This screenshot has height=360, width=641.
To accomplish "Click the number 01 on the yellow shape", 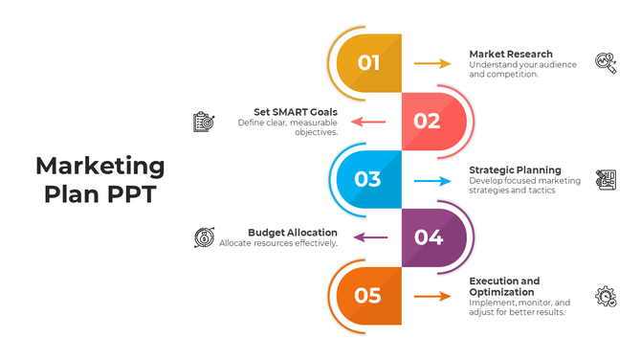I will [369, 63].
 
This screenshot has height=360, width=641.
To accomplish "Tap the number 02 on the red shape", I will [427, 121].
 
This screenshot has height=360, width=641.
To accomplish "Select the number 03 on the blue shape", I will [368, 179].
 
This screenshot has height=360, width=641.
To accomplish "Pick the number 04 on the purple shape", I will [428, 237].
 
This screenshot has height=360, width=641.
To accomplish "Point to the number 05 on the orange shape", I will [368, 296].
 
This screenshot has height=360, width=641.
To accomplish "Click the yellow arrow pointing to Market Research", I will [432, 63].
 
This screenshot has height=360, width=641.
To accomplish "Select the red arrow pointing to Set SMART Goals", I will [368, 122].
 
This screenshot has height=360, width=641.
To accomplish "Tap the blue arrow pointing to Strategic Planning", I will [432, 180].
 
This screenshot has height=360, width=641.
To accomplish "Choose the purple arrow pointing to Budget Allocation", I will [368, 237].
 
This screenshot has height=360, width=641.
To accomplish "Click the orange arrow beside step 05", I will [432, 297].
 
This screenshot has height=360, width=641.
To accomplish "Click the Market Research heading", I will [510, 54].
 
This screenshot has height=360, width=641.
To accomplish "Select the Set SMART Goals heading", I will [296, 112].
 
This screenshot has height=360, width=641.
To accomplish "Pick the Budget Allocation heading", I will [293, 232].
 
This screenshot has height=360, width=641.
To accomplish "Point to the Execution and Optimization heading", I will [504, 286].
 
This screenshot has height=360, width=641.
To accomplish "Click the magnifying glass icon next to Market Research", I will [606, 63].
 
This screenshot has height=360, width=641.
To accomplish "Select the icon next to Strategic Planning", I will [606, 180].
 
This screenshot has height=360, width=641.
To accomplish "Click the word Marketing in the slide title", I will [100, 166].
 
